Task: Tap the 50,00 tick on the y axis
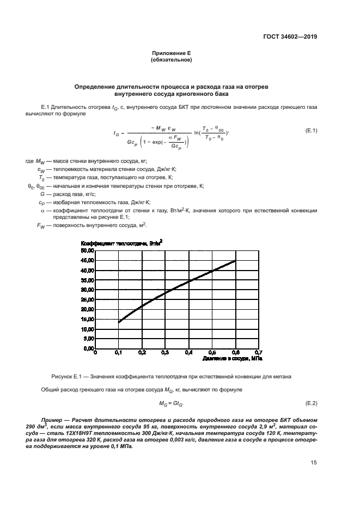(x=88, y=250)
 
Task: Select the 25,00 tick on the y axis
(x=88, y=299)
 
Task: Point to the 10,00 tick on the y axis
(x=88, y=329)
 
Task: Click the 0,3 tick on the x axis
(x=165, y=353)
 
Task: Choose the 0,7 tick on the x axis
(x=258, y=353)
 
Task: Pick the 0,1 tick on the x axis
(x=119, y=353)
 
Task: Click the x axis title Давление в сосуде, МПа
(x=232, y=359)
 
